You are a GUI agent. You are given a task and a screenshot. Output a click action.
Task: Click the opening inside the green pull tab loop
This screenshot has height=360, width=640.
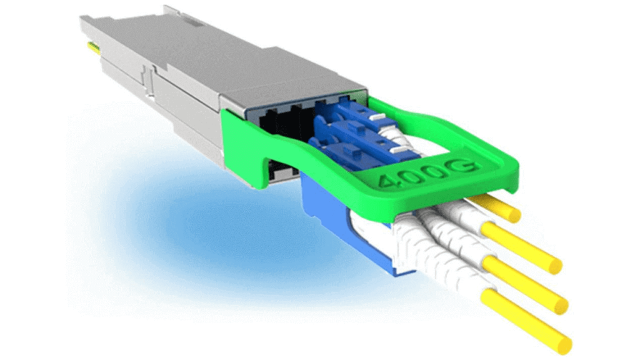[x=431, y=134]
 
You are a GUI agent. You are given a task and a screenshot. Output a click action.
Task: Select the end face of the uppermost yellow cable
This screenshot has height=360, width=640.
[x=515, y=216]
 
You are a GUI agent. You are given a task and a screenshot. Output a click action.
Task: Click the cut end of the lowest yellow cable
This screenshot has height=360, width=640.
[x=565, y=344]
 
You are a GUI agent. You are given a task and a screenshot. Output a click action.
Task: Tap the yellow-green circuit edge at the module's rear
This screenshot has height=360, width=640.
[x=92, y=46]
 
